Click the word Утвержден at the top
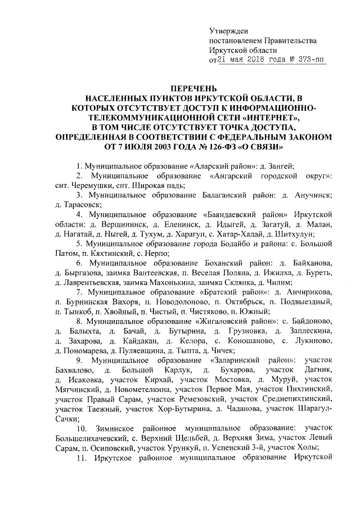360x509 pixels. (228, 30)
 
